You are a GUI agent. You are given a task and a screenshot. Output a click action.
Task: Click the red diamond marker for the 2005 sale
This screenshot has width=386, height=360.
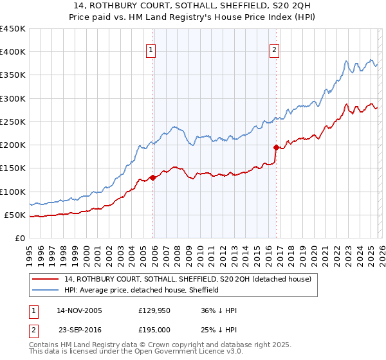152,177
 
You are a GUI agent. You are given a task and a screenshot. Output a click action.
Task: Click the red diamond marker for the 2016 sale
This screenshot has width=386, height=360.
276,147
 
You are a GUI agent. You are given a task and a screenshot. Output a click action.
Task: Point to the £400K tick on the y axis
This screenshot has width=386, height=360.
12,52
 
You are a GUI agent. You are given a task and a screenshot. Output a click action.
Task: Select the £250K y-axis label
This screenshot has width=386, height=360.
12,122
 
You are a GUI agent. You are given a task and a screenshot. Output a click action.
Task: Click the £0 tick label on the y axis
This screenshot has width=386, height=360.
19,238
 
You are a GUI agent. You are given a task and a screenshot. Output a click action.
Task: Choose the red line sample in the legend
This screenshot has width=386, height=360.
46,279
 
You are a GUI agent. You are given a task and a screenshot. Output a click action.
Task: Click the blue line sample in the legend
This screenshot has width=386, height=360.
46,290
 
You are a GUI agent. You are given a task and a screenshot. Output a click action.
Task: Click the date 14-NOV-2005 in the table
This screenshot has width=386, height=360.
79,310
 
